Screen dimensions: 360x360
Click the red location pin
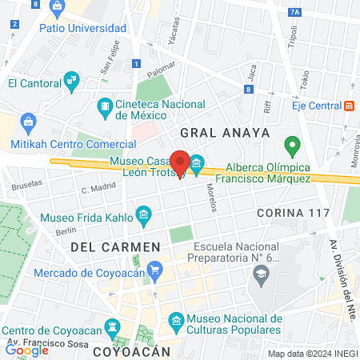tap(181, 163)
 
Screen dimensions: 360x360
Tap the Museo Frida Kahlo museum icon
tap(144, 214)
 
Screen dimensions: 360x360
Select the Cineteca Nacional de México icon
tap(105, 106)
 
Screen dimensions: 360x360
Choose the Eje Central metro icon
tap(348, 106)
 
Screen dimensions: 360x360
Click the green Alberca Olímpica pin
tap(292, 147)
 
